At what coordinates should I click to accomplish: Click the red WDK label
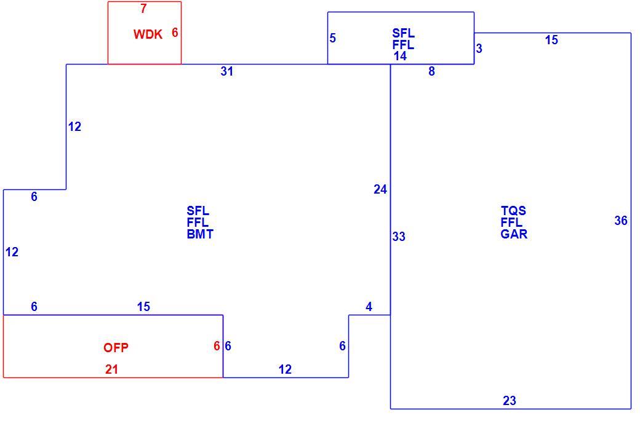[148, 34]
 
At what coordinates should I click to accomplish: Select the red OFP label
[116, 348]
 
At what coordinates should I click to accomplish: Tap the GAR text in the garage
[514, 234]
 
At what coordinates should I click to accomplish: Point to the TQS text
[513, 211]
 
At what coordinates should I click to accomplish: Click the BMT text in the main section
[200, 234]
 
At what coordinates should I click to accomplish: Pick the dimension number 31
[227, 71]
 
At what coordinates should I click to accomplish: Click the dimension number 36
[621, 221]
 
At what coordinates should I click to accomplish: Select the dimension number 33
[399, 237]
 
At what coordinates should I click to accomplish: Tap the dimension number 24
[380, 190]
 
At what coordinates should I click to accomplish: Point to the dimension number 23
[510, 401]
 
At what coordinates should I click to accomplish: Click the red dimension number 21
[111, 369]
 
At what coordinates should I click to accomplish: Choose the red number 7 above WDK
[143, 9]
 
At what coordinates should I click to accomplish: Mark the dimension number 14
[400, 57]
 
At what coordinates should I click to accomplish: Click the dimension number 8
[431, 71]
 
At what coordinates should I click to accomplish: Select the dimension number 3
[479, 49]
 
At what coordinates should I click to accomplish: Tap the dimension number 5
[333, 38]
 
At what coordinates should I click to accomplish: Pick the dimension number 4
[369, 307]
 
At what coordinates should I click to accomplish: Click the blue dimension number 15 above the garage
[551, 40]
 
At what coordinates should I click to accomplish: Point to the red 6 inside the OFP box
[217, 346]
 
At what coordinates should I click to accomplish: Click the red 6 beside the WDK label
[175, 32]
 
